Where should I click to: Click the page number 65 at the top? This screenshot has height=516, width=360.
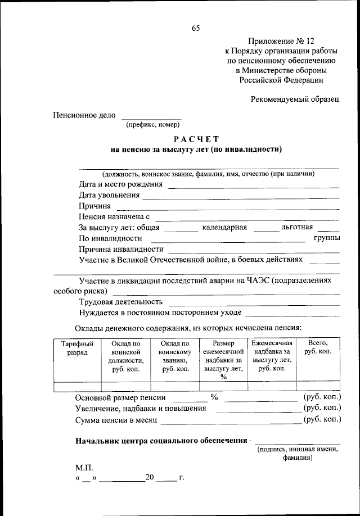point(195,29)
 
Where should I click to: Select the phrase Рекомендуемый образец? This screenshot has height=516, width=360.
point(295,99)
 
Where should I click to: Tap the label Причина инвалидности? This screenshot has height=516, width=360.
point(121,249)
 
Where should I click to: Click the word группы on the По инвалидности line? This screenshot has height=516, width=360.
point(326,238)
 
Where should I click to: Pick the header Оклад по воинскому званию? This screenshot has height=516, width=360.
point(175,356)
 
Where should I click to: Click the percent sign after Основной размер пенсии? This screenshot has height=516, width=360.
point(214,397)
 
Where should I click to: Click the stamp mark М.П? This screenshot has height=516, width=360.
point(84,468)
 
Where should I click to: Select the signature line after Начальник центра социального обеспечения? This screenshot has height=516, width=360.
point(297,443)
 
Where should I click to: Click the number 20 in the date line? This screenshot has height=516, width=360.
point(149,478)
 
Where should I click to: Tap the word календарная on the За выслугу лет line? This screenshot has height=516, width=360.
point(224,228)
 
